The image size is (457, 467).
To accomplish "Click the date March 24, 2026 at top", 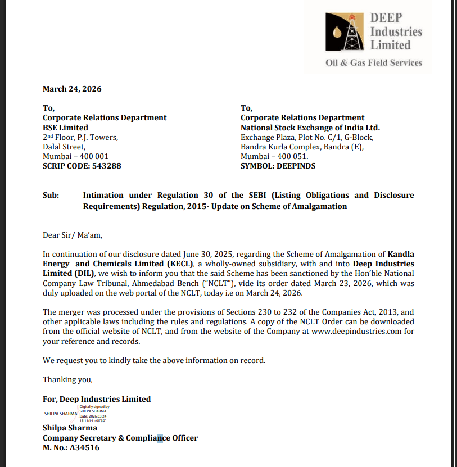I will pyautogui.click(x=72, y=89).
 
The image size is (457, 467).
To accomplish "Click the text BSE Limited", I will pyautogui.click(x=65, y=128).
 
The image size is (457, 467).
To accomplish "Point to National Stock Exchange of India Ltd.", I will pyautogui.click(x=310, y=128).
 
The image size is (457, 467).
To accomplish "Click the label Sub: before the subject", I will pyautogui.click(x=52, y=195).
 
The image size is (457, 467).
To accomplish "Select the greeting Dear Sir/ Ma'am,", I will pyautogui.click(x=73, y=235).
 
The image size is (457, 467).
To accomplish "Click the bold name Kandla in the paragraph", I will pyautogui.click(x=401, y=254).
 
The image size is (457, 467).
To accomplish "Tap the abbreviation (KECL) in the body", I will pyautogui.click(x=174, y=264).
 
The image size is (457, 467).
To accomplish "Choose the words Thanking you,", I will pyautogui.click(x=67, y=379).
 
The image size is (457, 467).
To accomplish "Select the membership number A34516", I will pyautogui.click(x=81, y=448).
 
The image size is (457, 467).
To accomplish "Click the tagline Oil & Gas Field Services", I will pyautogui.click(x=373, y=62).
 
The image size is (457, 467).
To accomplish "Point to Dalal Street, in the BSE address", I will pyautogui.click(x=64, y=147).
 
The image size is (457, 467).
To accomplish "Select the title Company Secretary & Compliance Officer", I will pyautogui.click(x=120, y=438).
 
